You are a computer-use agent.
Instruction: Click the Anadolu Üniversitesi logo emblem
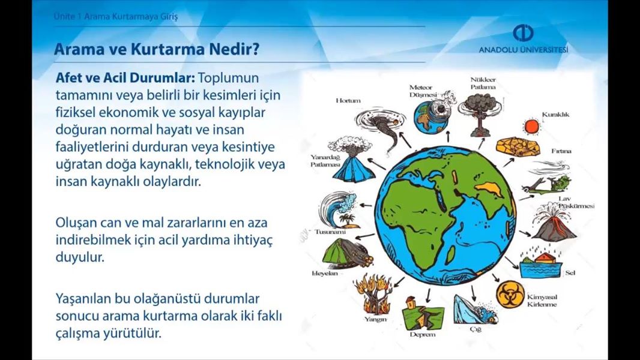tap(523, 33)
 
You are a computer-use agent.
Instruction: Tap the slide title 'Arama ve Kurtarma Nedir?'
tap(157, 49)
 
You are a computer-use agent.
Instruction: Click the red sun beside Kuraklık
tap(533, 127)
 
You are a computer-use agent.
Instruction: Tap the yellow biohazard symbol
tap(510, 295)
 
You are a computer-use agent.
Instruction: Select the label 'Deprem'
tap(423, 335)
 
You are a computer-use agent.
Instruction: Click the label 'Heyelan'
tap(325, 274)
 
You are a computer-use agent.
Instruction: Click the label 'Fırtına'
tap(561, 151)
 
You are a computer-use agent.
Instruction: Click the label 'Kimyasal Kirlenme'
tap(542, 301)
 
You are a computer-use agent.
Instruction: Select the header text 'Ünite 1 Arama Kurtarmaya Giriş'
tap(115, 17)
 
